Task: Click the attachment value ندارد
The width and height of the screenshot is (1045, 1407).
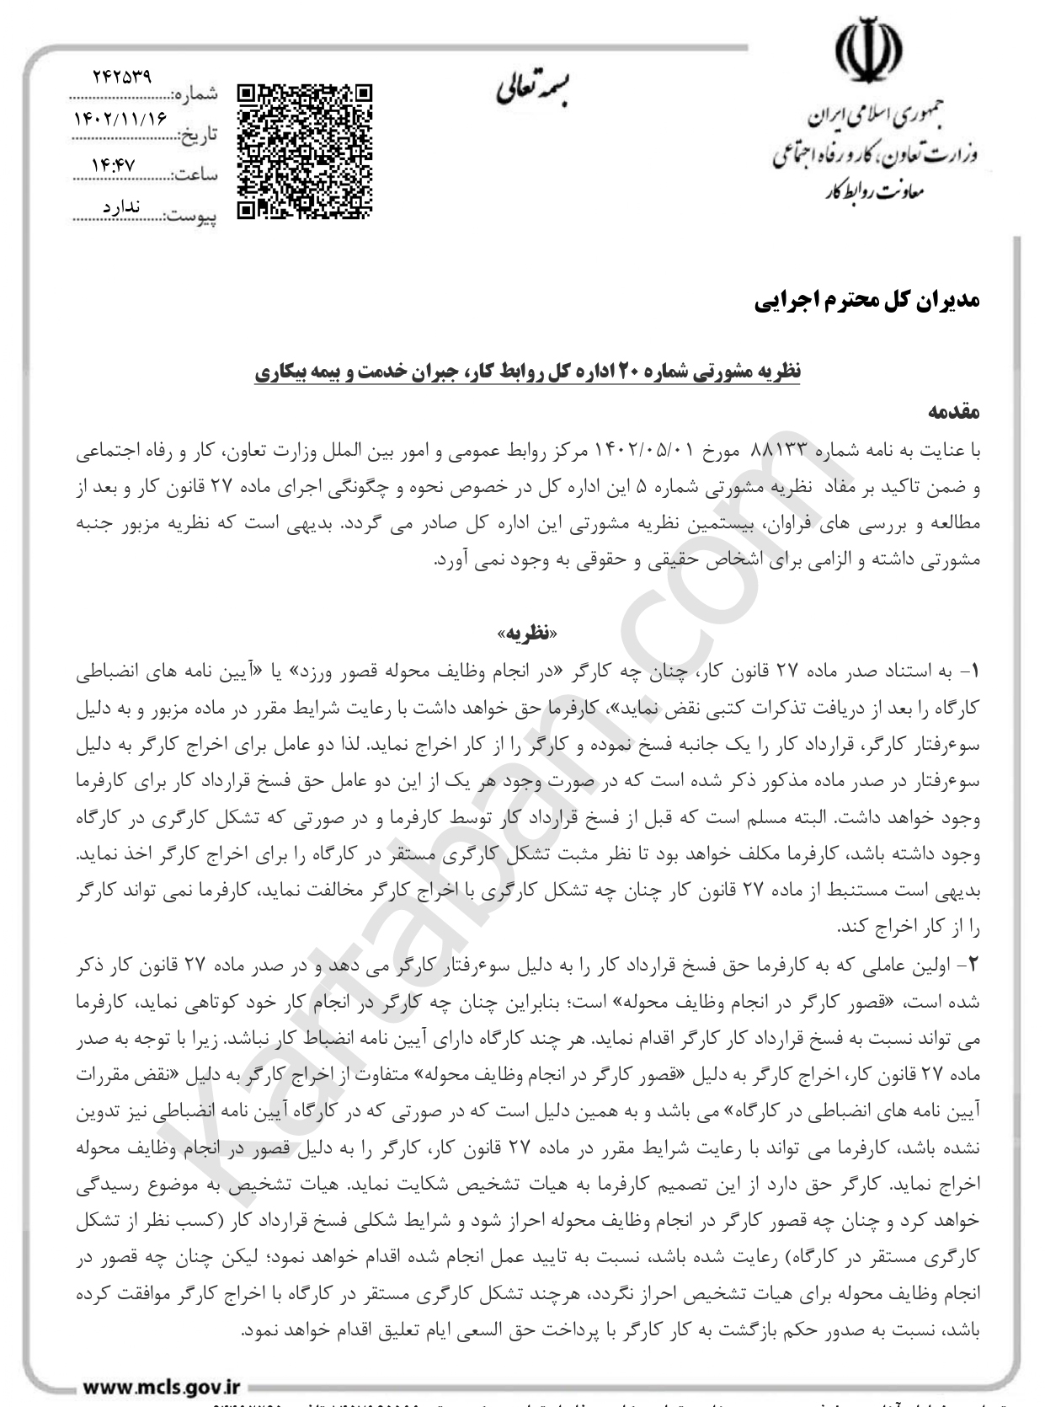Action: pos(120,207)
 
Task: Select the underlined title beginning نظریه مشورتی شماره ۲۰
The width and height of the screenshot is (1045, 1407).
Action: pos(528,372)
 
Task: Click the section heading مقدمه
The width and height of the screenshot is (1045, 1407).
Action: pos(954,413)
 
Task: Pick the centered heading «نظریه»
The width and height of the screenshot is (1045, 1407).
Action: pos(527,633)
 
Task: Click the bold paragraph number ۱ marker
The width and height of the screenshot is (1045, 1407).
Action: pos(974,671)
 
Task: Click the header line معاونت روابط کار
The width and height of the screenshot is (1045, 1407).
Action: pos(876,192)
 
